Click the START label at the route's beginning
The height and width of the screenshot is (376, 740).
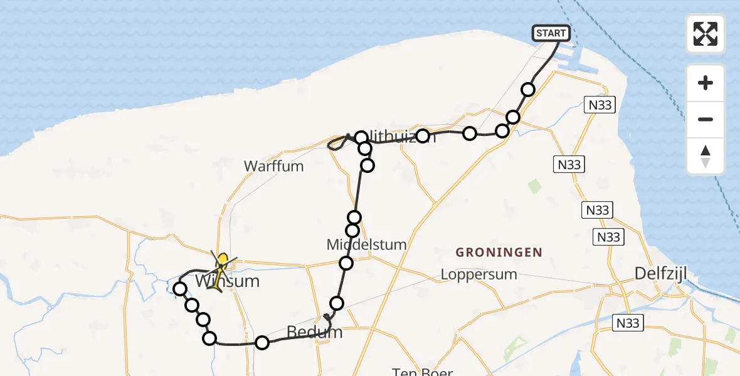pyautogui.click(x=551, y=33)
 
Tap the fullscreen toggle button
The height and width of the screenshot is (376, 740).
pyautogui.click(x=706, y=34)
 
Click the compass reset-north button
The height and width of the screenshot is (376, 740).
pyautogui.click(x=706, y=156)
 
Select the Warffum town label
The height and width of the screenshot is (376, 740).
pyautogui.click(x=273, y=167)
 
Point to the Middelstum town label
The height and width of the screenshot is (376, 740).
pyautogui.click(x=366, y=244)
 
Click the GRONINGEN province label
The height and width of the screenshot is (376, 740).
pyautogui.click(x=499, y=253)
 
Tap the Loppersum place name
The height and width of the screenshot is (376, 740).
pyautogui.click(x=478, y=274)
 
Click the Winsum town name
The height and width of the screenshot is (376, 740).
pyautogui.click(x=227, y=281)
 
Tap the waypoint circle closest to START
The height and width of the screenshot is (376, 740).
pyautogui.click(x=528, y=90)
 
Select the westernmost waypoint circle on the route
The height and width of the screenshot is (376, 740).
pyautogui.click(x=180, y=289)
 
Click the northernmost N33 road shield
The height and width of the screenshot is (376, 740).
pyautogui.click(x=600, y=105)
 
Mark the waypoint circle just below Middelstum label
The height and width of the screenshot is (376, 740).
pyautogui.click(x=346, y=263)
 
